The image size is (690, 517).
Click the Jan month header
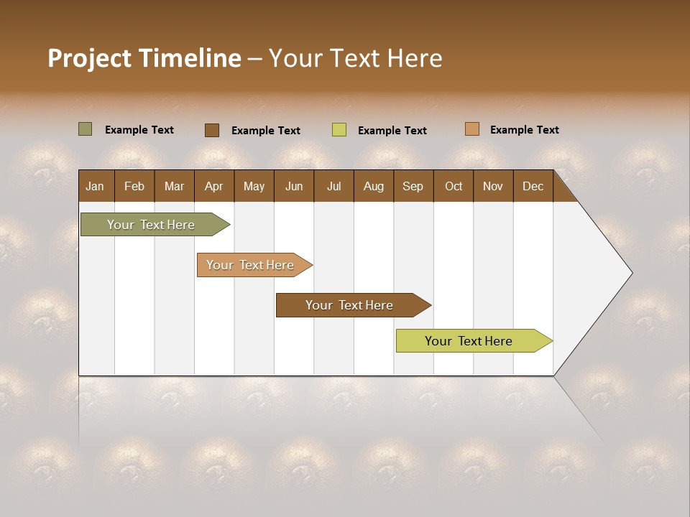point(95,187)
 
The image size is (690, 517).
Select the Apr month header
point(213,187)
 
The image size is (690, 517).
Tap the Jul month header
point(333,187)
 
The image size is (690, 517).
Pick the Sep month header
point(413,187)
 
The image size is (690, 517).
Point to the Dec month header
point(533,187)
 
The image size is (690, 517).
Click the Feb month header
point(134,187)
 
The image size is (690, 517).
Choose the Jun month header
point(294,187)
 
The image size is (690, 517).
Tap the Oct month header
point(454,187)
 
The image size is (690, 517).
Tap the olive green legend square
point(85,129)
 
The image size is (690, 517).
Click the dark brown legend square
point(211,130)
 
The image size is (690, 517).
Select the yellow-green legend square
point(339,130)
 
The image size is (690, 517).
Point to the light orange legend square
point(471,129)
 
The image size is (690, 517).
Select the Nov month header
point(493,187)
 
